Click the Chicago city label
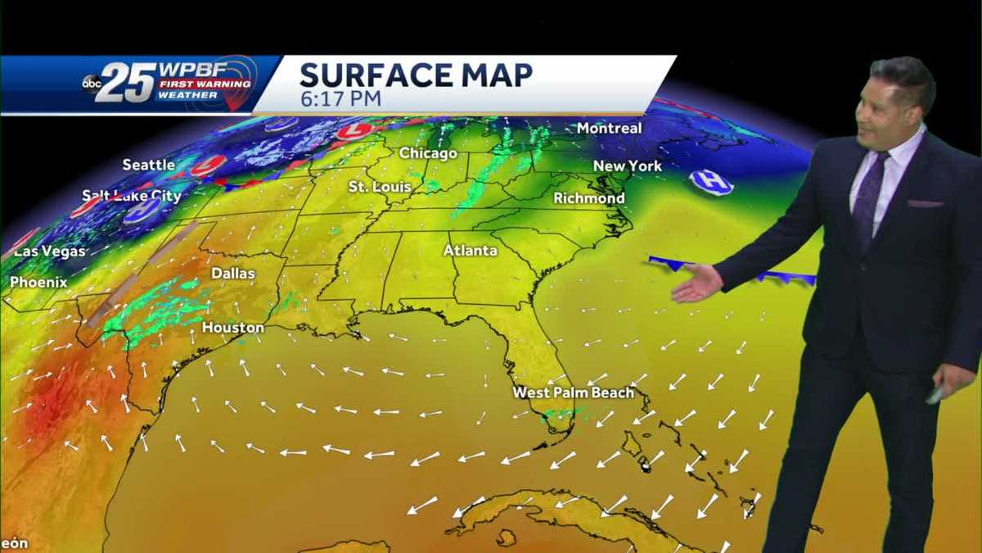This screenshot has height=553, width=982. coord(428,153)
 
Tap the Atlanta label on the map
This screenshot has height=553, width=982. coord(471,250)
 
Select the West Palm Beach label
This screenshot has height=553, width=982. coord(573,392)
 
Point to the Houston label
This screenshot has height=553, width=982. coord(233,328)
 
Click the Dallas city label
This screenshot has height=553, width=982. coord(233,273)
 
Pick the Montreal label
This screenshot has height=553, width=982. coord(609,128)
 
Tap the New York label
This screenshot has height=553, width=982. coord(628,165)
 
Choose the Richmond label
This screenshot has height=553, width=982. coord(589,198)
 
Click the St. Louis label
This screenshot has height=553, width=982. coord(379,187)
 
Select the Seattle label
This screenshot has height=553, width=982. coord(149,165)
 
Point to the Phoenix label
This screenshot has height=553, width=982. coord(38,282)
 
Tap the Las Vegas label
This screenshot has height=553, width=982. coord(50,251)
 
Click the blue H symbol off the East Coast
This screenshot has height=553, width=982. coord(710,182)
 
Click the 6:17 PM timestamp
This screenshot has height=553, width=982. coord(340,97)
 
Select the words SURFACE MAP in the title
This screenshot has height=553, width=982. coord(416,75)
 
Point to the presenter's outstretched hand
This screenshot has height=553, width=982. coord(697,283)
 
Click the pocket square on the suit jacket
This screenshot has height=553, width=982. coord(925,202)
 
